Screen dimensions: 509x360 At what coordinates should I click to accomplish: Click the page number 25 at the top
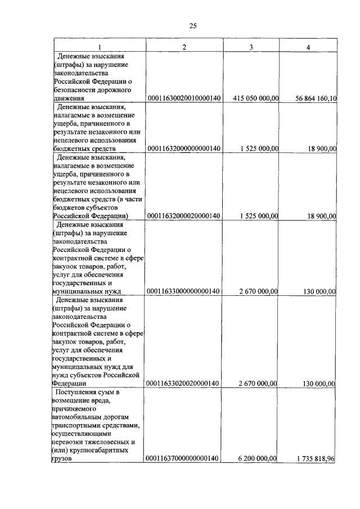(x=192, y=26)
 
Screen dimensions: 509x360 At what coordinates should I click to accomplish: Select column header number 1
(x=100, y=47)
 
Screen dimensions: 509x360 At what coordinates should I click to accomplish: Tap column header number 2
(x=184, y=47)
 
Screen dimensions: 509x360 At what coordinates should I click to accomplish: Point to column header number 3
(x=251, y=47)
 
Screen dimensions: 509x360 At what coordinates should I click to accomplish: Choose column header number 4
(x=308, y=47)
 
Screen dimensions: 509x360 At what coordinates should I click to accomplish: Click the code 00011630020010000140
(x=184, y=98)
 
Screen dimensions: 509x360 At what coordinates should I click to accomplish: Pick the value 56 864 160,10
(x=316, y=98)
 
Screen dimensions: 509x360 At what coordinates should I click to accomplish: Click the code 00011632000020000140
(x=184, y=215)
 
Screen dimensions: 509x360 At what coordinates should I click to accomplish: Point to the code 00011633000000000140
(x=184, y=291)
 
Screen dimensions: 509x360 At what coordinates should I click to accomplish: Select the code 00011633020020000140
(x=184, y=384)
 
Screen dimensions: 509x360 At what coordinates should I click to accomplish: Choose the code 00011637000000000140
(x=184, y=459)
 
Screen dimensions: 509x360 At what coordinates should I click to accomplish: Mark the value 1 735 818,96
(x=316, y=459)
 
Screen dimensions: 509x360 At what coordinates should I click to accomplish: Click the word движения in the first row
(x=67, y=98)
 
